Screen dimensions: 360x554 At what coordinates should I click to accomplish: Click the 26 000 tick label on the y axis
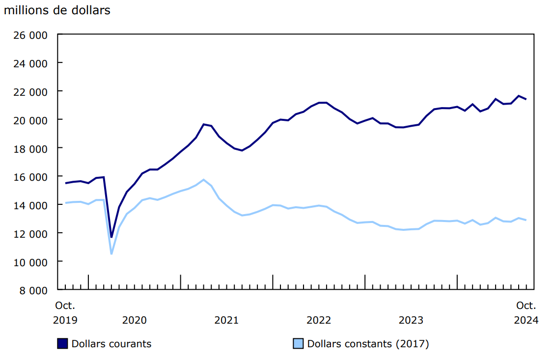(30, 35)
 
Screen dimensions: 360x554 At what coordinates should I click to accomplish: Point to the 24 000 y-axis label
(30, 63)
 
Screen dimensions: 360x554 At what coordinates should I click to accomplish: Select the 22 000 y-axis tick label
(30, 92)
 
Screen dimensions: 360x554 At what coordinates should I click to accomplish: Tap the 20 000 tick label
(30, 120)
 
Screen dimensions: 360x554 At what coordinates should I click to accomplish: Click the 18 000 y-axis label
(30, 148)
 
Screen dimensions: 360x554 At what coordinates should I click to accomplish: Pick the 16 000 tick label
(30, 177)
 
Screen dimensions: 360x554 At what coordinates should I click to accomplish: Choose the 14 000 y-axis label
(30, 205)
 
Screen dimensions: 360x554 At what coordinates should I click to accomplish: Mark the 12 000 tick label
(30, 233)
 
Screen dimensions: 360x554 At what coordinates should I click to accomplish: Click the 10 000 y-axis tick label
(30, 262)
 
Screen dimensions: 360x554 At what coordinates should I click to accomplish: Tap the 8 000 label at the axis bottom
(33, 290)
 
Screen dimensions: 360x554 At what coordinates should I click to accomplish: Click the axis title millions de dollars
(57, 10)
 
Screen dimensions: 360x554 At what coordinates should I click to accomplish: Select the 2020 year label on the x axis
(134, 320)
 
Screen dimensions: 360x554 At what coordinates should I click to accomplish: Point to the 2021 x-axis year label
(226, 320)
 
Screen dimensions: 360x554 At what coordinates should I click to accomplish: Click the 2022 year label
(319, 320)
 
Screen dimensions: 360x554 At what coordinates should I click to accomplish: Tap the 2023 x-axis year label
(411, 320)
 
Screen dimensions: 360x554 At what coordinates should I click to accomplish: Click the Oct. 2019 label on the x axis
(65, 313)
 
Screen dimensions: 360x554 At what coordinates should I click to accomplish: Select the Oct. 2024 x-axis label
(526, 313)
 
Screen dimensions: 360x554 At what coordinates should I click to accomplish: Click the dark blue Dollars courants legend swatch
(62, 344)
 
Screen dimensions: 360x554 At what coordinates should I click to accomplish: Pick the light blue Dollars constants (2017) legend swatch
(298, 344)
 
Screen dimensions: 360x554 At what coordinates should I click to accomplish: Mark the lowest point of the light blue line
(111, 254)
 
